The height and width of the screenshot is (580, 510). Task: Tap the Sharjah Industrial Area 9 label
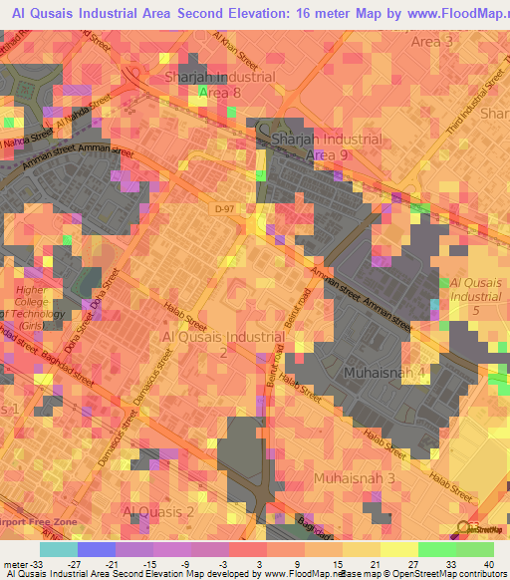(x=325, y=147)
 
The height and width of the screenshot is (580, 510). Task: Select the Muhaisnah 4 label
(x=383, y=373)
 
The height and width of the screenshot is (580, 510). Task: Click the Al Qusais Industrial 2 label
(x=222, y=345)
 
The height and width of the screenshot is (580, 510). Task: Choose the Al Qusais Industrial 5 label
(x=476, y=296)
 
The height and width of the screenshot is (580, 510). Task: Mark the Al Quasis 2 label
(x=157, y=511)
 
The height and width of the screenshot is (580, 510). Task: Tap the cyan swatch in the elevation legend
(x=58, y=549)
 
